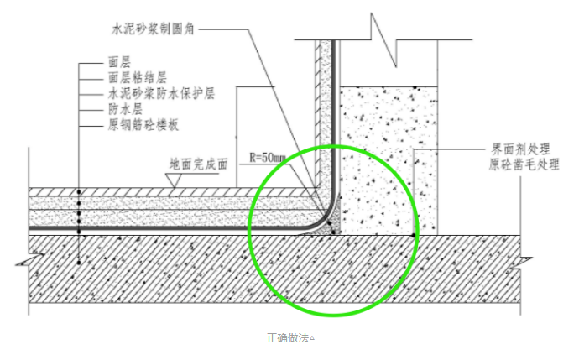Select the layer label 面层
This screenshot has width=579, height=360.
pos(118,63)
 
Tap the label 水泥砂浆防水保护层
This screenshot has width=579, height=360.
pos(161,94)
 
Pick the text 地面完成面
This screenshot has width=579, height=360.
pos(198,164)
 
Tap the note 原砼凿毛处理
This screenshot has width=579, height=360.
pos(524,164)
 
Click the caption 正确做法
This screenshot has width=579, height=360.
pos(286,337)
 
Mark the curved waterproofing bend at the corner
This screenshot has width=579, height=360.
pos(326,218)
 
